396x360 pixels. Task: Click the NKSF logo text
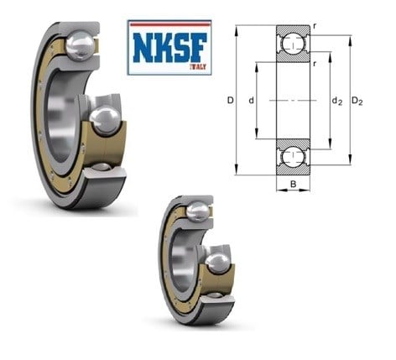pyautogui.click(x=169, y=47)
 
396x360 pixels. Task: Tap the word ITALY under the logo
pyautogui.click(x=198, y=67)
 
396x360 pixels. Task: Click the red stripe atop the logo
pyautogui.click(x=169, y=24)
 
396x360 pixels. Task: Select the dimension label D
pyautogui.click(x=230, y=100)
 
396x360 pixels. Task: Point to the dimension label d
pyautogui.click(x=252, y=100)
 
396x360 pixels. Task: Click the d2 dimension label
pyautogui.click(x=336, y=101)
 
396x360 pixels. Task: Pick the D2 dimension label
pyautogui.click(x=357, y=101)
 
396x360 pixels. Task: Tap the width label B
pyautogui.click(x=293, y=184)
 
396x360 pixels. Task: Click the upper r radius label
pyautogui.click(x=315, y=27)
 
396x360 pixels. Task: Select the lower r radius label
pyautogui.click(x=315, y=64)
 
